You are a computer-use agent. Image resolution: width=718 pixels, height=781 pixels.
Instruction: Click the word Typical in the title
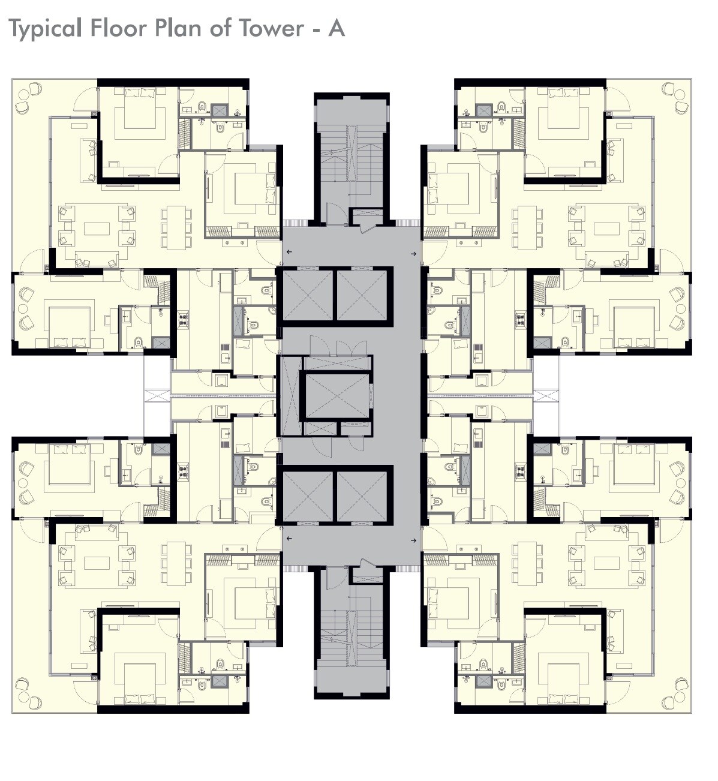(x=45, y=29)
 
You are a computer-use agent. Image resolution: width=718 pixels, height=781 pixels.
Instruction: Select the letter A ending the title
(x=336, y=28)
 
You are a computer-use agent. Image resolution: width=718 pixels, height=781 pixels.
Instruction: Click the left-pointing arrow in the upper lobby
(x=289, y=253)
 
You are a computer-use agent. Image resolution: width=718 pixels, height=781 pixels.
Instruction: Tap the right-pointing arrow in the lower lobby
(x=413, y=540)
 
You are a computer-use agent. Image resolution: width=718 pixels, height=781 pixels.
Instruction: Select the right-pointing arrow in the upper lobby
(x=413, y=254)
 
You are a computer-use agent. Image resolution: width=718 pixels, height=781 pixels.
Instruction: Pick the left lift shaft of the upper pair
(x=307, y=295)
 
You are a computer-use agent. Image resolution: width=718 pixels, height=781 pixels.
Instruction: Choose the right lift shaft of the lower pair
(x=362, y=495)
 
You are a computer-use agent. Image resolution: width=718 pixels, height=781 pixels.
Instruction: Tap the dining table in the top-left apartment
(x=176, y=227)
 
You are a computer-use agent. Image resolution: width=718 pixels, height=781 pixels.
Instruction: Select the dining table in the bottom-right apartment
(x=527, y=563)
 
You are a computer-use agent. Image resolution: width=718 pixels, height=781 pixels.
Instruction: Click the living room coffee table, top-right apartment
(x=606, y=229)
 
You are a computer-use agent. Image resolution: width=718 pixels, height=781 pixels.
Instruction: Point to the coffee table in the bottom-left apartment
(x=97, y=563)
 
